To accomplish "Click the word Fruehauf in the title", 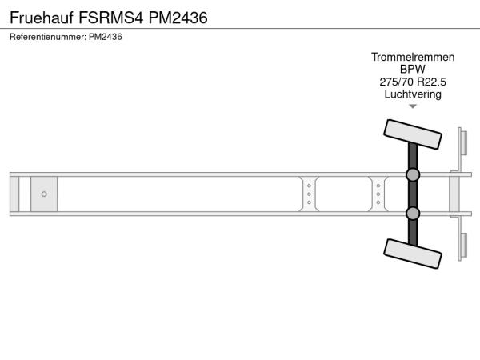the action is (42, 18).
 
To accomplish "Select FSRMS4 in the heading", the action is (111, 18).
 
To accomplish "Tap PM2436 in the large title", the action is (178, 18).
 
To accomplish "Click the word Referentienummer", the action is (48, 37).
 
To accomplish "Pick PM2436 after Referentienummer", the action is (106, 37).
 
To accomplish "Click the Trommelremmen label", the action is (413, 58).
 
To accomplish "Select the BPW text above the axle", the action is (413, 70).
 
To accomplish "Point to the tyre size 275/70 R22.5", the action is (413, 82).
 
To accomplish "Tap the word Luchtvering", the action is (413, 94).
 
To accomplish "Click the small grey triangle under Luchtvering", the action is (413, 106).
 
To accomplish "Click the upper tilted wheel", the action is (412, 134).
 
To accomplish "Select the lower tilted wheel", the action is (412, 254).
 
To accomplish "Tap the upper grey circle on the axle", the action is (413, 174).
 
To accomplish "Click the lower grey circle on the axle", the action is (413, 214).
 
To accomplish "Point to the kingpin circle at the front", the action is (44, 194).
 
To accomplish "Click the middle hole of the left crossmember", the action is (309, 194).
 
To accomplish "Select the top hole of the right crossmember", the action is (378, 186).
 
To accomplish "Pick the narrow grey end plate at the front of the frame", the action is (14, 194).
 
